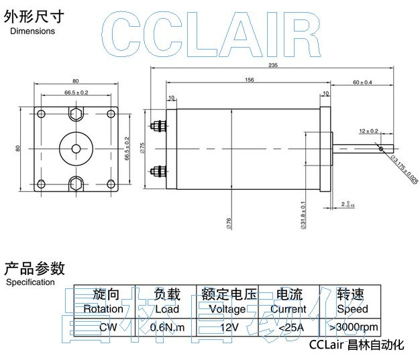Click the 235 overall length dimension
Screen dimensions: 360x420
coord(272,65)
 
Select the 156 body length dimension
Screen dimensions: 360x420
coord(249,80)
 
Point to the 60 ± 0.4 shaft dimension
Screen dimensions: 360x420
coord(362,82)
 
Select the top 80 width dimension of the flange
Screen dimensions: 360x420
coord(76,80)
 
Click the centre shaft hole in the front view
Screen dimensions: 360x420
coord(76,147)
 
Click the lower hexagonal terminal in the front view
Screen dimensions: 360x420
coord(76,182)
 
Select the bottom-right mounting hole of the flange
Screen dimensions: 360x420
coord(109,182)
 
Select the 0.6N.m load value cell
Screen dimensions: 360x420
coord(167,327)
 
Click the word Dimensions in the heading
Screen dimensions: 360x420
coord(33,32)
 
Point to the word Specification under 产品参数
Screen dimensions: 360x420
coord(30,282)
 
